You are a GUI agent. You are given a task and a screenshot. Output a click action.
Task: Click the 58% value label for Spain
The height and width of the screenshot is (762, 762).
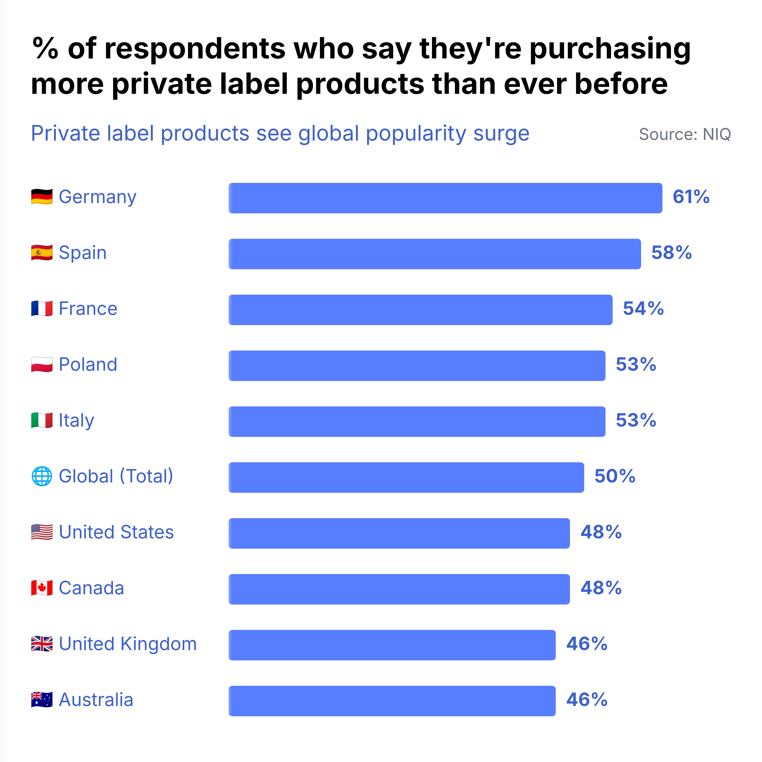coord(671,253)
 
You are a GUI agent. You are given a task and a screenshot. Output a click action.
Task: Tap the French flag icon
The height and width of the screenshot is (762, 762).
coord(42,308)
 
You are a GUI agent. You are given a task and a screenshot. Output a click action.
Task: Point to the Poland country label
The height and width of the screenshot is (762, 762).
coord(88,364)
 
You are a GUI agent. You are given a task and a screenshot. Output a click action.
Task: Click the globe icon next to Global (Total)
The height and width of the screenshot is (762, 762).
coord(42,476)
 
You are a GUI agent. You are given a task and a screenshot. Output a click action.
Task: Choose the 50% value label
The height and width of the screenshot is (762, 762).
coord(615,476)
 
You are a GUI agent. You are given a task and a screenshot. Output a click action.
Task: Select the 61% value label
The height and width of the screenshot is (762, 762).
coord(691,197)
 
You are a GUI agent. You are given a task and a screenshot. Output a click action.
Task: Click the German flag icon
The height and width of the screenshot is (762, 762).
coord(42,197)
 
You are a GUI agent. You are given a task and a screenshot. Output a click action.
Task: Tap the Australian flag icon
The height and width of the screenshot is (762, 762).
coord(42,700)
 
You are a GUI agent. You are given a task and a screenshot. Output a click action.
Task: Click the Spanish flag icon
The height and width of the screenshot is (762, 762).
coord(42,253)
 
